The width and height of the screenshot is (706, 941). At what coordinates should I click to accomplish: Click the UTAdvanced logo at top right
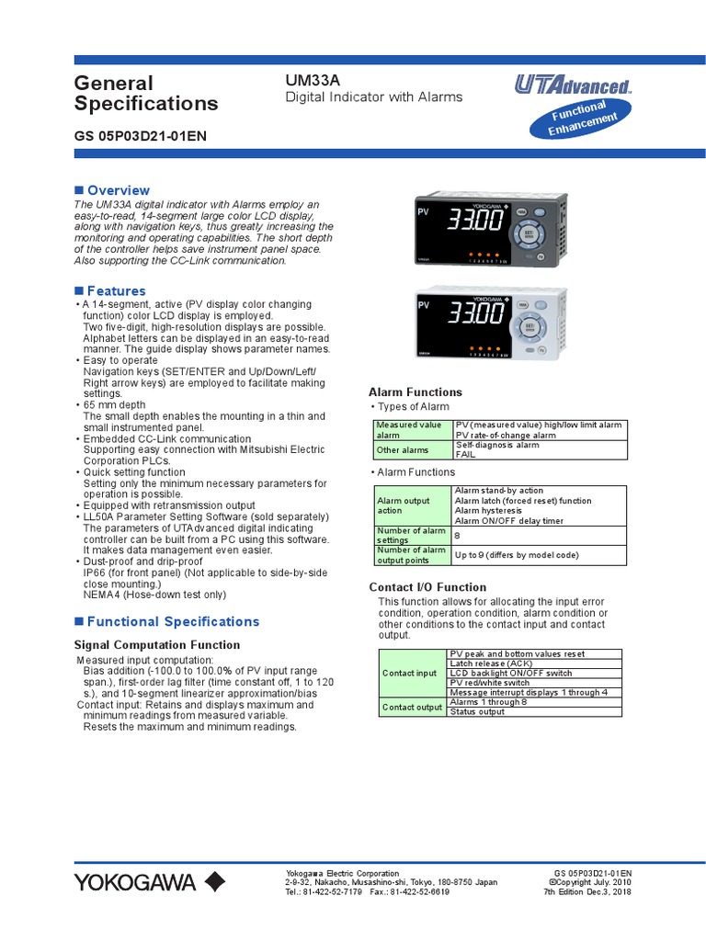[x=572, y=87]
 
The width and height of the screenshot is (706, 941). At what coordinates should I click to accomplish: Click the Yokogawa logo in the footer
[x=149, y=882]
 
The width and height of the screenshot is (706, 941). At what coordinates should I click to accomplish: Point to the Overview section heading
[x=118, y=190]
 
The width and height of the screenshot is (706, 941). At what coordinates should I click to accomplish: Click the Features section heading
[x=116, y=291]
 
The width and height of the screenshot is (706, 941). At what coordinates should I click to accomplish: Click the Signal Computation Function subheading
[x=156, y=645]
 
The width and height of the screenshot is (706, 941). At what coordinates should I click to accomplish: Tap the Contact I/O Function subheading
[x=427, y=587]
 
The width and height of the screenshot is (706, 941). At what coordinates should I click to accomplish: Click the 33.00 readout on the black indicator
[x=474, y=222]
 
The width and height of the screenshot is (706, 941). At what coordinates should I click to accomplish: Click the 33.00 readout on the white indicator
[x=474, y=314]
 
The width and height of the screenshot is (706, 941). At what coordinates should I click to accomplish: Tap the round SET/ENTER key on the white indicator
[x=529, y=323]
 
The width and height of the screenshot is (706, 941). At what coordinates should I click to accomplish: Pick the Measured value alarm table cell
[x=413, y=430]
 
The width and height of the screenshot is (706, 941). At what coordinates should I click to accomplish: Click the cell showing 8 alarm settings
[x=540, y=534]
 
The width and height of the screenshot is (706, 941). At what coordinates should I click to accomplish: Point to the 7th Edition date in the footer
[x=587, y=891]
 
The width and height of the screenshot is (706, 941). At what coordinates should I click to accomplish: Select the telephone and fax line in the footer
[x=367, y=891]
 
